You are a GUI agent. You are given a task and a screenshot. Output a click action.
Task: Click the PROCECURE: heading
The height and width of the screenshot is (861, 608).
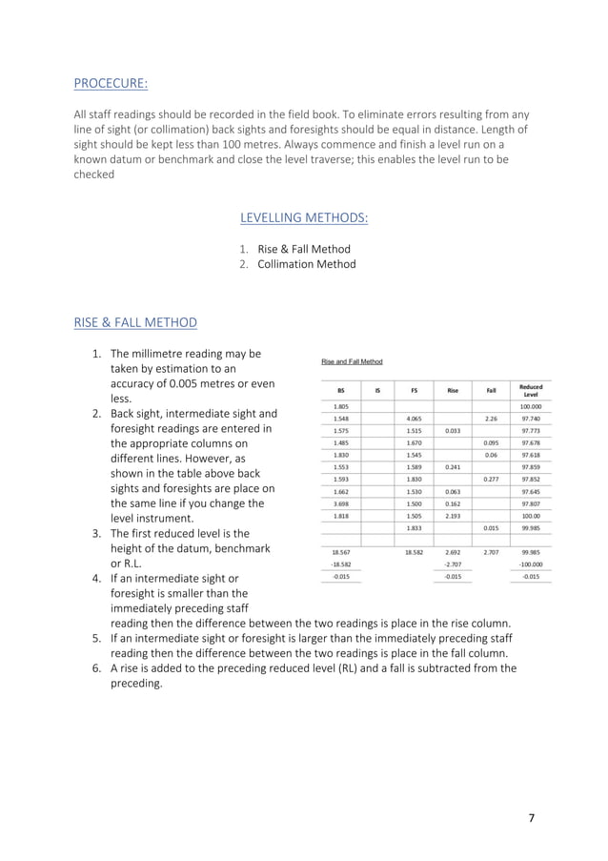click(x=111, y=83)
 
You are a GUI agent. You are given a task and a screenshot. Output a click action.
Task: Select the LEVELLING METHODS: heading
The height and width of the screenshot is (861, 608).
click(x=304, y=218)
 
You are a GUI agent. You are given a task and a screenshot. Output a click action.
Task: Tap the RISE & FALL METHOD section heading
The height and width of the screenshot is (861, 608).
click(x=135, y=322)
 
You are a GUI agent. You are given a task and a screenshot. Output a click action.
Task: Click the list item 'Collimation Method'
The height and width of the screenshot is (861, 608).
click(x=306, y=264)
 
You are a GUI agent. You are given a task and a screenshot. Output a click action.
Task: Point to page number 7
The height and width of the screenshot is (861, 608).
click(x=532, y=818)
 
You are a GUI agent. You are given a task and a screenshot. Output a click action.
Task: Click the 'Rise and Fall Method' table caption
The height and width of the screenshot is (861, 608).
click(x=352, y=361)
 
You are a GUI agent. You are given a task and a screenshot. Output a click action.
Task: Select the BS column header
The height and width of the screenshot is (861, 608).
click(x=340, y=389)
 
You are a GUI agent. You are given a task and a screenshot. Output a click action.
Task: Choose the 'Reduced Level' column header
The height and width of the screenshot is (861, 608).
click(x=531, y=390)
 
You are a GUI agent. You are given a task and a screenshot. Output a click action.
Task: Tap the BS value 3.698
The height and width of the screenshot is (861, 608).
click(x=340, y=503)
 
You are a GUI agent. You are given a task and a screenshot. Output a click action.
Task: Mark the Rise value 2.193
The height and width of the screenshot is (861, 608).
click(x=453, y=516)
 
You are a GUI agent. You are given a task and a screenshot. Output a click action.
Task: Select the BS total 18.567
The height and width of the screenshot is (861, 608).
click(x=340, y=552)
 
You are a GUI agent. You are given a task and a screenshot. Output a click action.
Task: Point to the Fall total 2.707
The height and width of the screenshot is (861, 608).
click(x=491, y=552)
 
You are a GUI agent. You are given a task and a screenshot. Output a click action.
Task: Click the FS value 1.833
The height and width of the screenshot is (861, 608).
click(x=414, y=528)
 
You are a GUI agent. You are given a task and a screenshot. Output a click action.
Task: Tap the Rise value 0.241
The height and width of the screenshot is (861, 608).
click(x=453, y=467)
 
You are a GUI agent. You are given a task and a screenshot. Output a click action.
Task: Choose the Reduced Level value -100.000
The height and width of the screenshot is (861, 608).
click(x=531, y=564)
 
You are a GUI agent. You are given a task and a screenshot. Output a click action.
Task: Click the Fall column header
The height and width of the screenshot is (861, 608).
click(x=491, y=389)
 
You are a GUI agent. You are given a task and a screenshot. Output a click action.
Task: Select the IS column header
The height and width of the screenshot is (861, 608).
click(x=377, y=389)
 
